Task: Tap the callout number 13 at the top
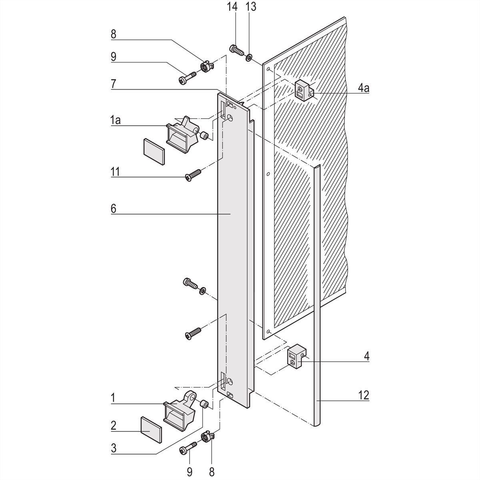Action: pos(251,7)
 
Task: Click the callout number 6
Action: pos(114,209)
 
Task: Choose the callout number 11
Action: pos(115,172)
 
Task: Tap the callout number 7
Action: pos(114,84)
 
